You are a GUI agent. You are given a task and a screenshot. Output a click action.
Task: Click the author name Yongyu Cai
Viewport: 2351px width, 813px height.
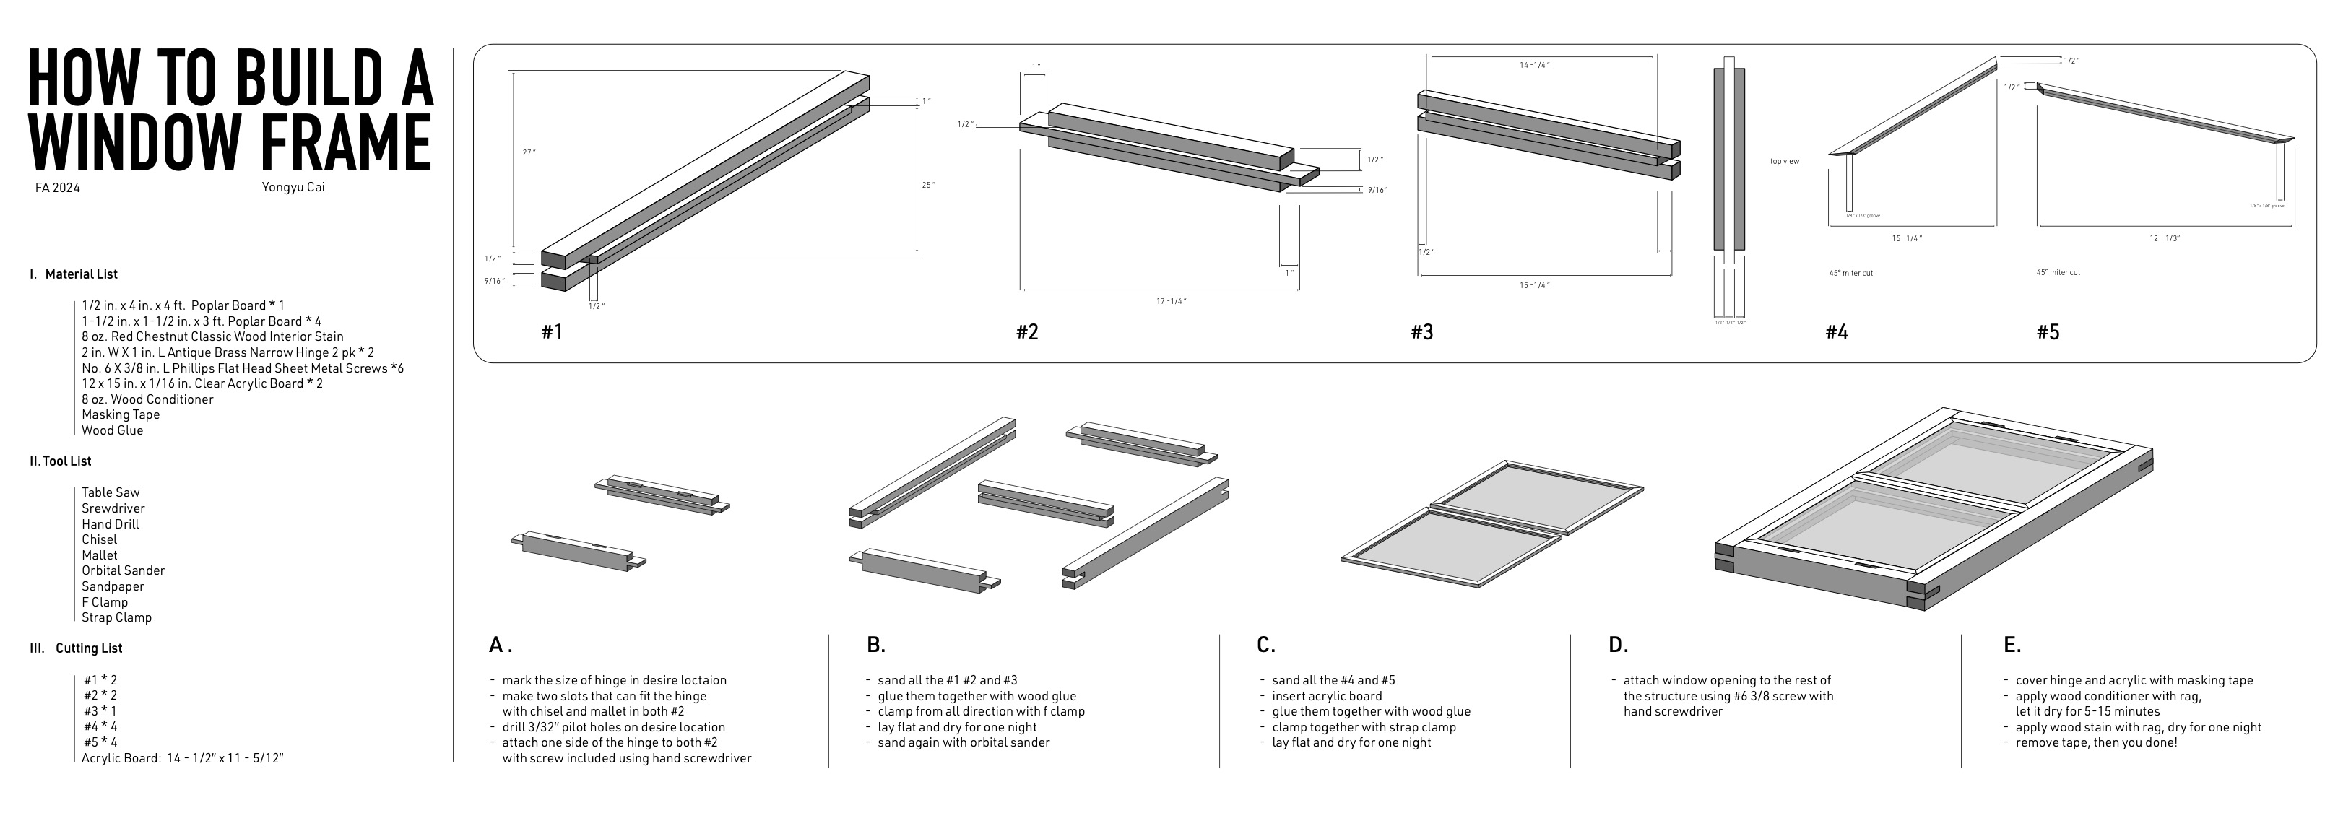[x=292, y=187]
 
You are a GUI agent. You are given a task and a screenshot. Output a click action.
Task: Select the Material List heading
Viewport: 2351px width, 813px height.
[x=81, y=274]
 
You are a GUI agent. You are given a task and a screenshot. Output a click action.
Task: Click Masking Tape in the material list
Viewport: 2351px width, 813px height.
[x=121, y=414]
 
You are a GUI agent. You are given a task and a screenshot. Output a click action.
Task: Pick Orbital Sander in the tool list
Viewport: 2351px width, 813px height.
[x=124, y=570]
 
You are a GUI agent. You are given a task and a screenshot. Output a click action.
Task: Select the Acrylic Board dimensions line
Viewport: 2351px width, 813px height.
[x=183, y=757]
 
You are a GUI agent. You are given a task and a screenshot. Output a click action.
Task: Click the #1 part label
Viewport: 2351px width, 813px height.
[x=551, y=332]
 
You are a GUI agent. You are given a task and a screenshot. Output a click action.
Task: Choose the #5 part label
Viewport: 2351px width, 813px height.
[x=2047, y=332]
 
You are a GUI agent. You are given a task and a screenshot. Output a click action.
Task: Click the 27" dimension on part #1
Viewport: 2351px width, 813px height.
[x=529, y=152]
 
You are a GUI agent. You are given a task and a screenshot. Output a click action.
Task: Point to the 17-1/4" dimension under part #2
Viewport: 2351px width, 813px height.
[x=1172, y=300]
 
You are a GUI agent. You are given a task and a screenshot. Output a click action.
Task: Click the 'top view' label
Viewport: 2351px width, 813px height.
[x=1784, y=162]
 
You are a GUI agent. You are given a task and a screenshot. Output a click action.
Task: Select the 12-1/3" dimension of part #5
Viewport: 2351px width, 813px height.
[x=2164, y=238]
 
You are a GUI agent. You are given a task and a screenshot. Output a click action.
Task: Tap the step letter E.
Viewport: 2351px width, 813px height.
[x=2012, y=645]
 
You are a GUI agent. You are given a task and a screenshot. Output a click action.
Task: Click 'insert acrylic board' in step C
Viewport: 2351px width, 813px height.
[x=1327, y=695]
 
